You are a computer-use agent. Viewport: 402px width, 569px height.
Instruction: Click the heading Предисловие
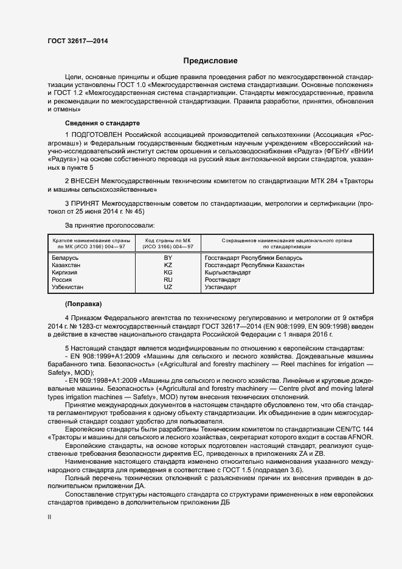tap(210, 61)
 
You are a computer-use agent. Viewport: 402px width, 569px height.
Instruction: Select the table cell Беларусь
tap(65, 258)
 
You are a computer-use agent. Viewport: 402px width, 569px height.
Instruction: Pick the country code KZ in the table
tap(168, 265)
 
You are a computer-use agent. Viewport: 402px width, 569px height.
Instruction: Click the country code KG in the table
tap(168, 273)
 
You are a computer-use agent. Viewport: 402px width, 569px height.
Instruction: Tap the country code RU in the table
tap(168, 279)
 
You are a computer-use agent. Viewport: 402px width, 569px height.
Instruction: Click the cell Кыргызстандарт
tap(228, 273)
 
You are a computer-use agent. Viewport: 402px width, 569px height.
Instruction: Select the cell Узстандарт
tap(221, 287)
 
